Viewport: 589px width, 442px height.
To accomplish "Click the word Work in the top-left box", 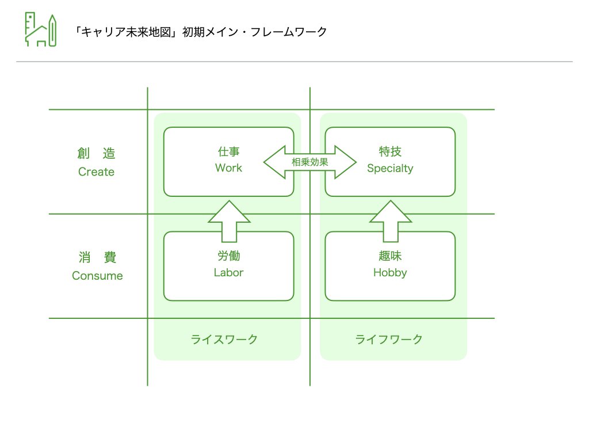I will (228, 168).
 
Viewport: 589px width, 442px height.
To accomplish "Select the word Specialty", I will (390, 169).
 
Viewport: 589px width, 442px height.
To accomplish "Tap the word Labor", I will (228, 273).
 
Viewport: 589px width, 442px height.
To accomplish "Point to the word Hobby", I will (390, 273).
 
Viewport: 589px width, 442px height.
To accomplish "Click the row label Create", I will (96, 172).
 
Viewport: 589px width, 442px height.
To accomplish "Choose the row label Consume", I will (97, 276).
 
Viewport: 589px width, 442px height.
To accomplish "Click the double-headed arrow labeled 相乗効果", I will (309, 162).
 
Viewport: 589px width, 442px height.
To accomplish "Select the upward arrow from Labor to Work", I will (229, 221).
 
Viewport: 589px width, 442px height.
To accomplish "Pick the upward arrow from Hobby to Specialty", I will (391, 221).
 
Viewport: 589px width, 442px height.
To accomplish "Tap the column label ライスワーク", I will (224, 339).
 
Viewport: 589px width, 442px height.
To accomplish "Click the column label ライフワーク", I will (389, 339).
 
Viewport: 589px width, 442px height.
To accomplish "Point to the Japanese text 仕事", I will (228, 152).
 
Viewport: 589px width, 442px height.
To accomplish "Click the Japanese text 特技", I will (390, 152).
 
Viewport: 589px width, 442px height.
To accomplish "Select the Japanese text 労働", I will (228, 256).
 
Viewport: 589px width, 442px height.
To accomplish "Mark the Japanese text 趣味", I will (390, 256).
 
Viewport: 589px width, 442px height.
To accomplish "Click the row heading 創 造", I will (96, 154).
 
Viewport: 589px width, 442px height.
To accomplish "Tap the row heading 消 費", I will (97, 257).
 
